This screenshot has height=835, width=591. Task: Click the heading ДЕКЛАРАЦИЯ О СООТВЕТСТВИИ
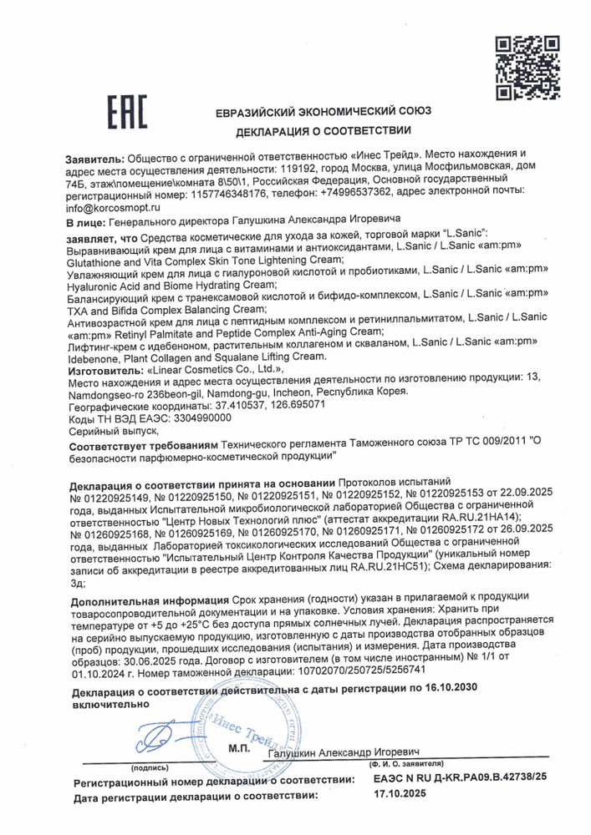(324, 131)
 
